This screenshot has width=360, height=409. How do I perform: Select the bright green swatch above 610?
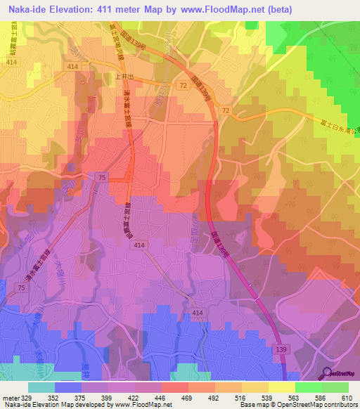(335, 387)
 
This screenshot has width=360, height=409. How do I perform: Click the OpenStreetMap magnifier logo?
(328, 374)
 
